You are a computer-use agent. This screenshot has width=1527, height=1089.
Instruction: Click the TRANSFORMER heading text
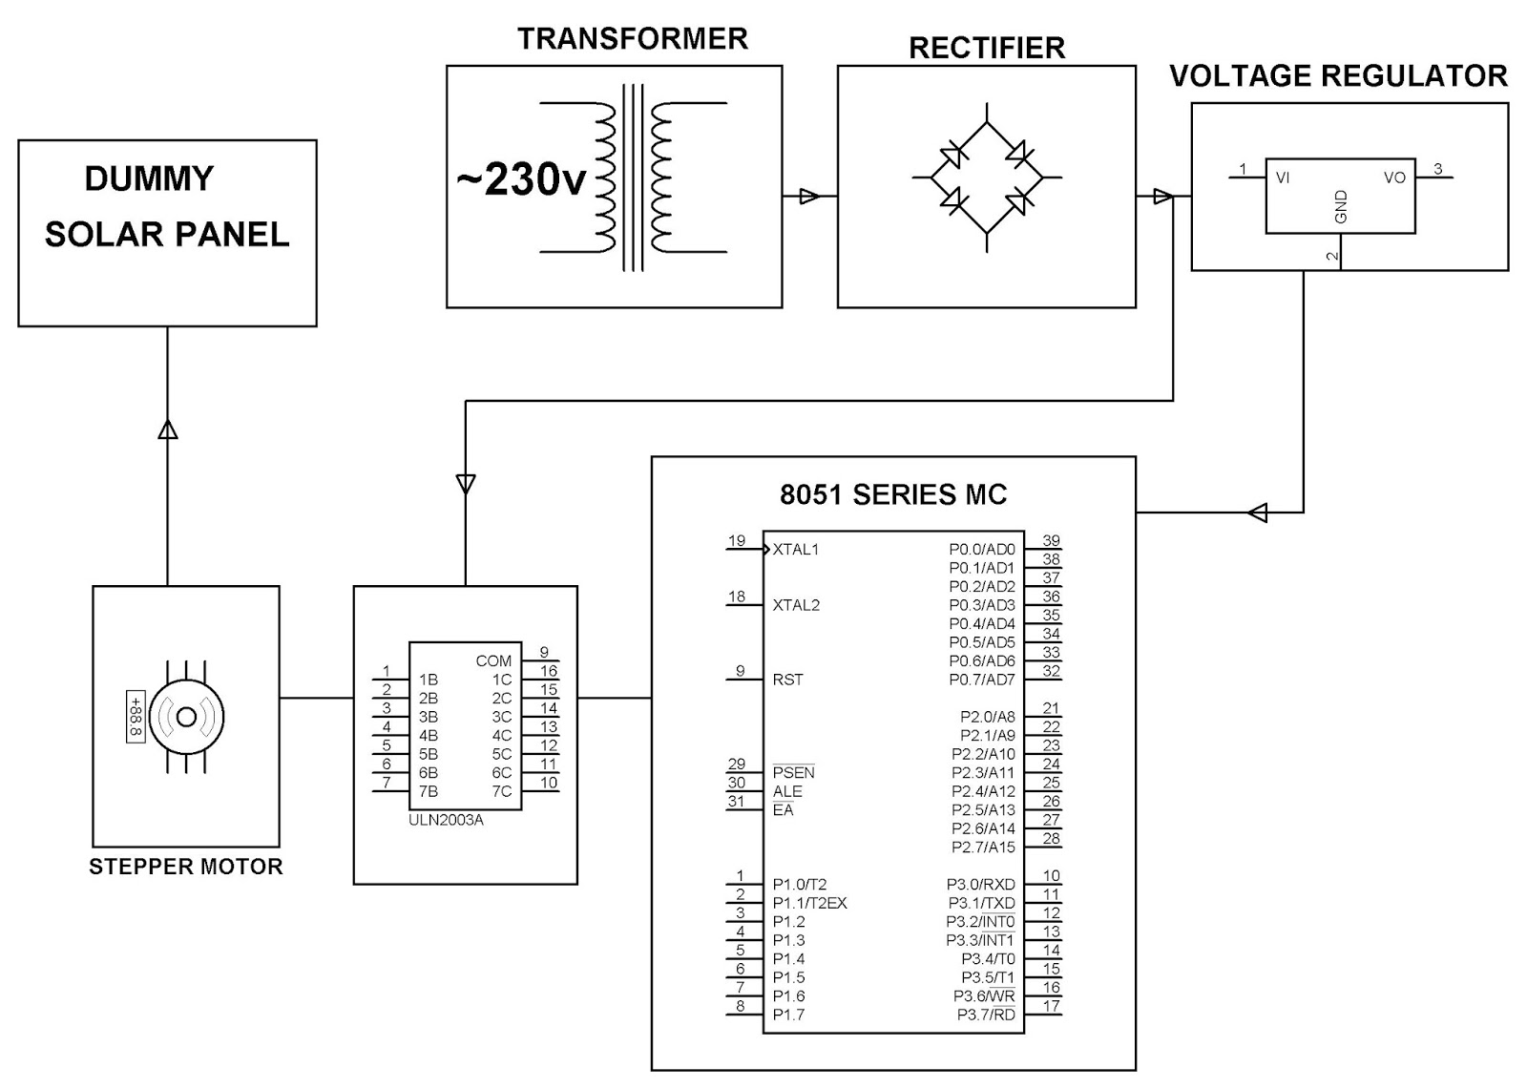point(632,39)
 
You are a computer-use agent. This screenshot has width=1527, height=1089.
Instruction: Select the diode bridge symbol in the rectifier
point(987,178)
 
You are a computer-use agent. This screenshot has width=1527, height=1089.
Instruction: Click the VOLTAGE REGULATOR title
point(1338,75)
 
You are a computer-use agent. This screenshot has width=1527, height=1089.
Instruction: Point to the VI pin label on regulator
point(1283,178)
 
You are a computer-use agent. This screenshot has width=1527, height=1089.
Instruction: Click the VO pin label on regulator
point(1394,178)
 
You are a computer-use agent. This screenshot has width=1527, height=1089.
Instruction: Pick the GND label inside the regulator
point(1341,207)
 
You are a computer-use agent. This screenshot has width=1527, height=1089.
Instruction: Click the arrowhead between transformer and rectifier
point(808,197)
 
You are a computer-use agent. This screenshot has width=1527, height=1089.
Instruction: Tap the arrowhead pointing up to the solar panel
point(167,429)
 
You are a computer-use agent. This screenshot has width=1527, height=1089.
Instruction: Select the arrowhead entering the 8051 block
point(1258,513)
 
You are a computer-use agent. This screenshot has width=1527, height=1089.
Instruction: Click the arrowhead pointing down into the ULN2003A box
point(466,484)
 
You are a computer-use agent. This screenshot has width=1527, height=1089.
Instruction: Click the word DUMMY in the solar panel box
point(149,178)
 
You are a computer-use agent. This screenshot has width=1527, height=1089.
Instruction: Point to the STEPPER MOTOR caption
point(186,867)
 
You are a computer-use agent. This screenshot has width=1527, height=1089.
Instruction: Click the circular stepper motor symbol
point(186,717)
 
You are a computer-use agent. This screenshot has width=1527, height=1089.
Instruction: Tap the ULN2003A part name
point(447,820)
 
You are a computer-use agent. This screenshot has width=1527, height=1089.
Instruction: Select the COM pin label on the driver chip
point(493,660)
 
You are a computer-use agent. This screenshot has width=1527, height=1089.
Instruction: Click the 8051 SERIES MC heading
point(893,494)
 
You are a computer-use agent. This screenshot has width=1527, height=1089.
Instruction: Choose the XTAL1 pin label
point(795,549)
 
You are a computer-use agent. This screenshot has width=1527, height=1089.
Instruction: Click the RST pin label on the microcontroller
point(787,680)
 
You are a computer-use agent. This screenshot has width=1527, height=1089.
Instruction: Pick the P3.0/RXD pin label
point(981,885)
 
